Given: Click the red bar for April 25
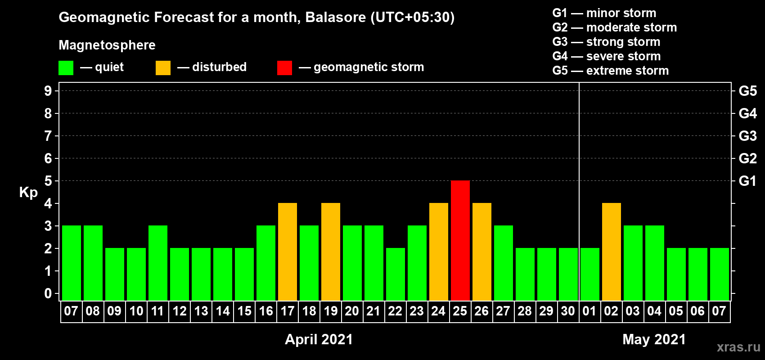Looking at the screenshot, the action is point(460,240).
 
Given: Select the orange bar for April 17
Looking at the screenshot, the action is point(287,252).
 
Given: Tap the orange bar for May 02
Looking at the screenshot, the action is point(611,252).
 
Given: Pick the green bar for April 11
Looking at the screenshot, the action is point(158,263).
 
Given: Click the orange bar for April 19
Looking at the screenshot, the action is point(331,252).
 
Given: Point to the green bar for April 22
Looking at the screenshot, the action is point(396,274).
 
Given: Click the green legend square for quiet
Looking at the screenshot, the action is point(66,67).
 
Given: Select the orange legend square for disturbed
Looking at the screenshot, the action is point(163,67).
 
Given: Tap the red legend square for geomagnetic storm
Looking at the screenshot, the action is point(284,67).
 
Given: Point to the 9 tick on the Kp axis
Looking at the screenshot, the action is point(48,91).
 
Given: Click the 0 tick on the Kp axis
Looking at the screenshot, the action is point(48,294).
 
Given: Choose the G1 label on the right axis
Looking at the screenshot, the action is point(747,181).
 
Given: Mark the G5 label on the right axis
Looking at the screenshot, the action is point(747,91).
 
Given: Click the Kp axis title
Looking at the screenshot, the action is point(28,193).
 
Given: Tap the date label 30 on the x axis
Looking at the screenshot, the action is point(567,311).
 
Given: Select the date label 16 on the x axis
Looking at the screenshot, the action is point(265,311).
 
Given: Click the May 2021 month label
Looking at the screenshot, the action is point(654,339).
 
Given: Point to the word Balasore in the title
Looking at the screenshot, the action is point(335,18).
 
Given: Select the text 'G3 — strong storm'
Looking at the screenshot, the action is point(606,42).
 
